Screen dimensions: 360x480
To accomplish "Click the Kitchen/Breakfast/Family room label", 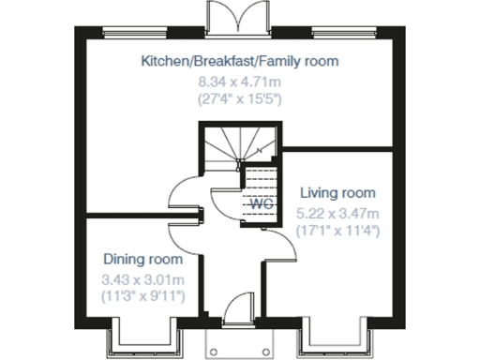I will point(239,62).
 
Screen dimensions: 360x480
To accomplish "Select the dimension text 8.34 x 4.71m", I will point(239,80).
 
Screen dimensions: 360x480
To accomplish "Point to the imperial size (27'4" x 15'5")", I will point(239,96).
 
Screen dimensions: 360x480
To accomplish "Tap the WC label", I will point(260,203).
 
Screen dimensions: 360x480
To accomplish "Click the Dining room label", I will point(142,259).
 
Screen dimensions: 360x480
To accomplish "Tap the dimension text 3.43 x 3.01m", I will point(142,278).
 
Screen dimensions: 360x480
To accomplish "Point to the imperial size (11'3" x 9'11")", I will point(142,295).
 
